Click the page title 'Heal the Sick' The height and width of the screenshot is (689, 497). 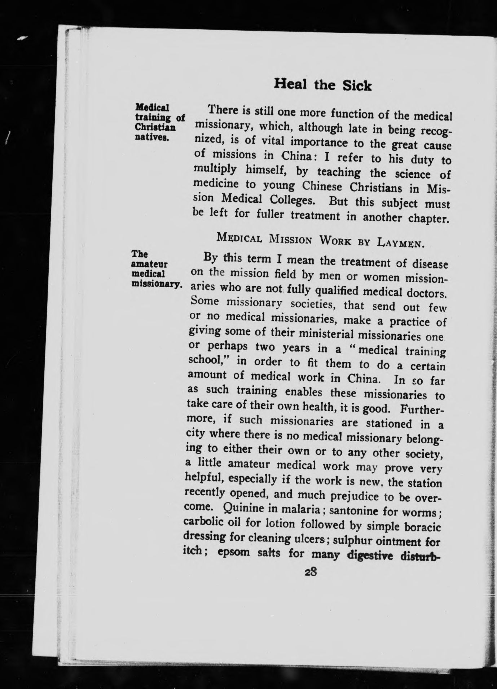tap(322, 85)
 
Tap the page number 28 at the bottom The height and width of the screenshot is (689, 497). tap(310, 573)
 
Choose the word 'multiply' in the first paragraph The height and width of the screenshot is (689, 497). tap(215, 170)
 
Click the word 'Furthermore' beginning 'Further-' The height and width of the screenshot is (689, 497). tap(422, 411)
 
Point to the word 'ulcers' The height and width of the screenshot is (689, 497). tap(311, 539)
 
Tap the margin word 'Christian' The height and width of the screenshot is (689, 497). tap(155, 128)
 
